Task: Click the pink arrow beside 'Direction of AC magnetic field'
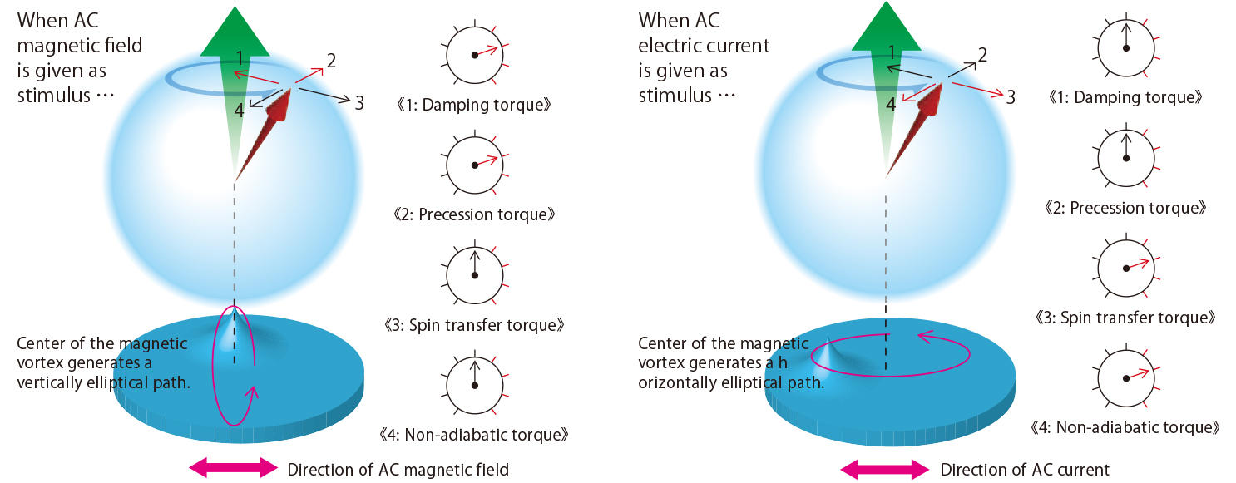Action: tap(234, 467)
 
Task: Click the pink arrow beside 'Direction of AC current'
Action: tap(884, 469)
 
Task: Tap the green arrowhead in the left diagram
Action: tap(235, 32)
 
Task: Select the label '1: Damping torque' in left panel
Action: tap(474, 105)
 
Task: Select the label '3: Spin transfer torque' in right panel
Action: tap(1125, 318)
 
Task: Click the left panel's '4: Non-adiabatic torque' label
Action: tap(474, 435)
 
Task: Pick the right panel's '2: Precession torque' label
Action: tap(1125, 208)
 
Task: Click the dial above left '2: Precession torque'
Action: tap(475, 165)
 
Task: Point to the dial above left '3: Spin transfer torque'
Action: tap(475, 275)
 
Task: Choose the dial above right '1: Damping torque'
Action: tap(1126, 48)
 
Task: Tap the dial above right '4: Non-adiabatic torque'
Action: tap(1126, 378)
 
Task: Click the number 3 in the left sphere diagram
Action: tap(359, 103)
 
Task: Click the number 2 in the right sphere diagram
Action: tap(982, 55)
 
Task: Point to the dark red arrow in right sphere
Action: tap(914, 131)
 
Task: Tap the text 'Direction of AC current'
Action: tap(1025, 470)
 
